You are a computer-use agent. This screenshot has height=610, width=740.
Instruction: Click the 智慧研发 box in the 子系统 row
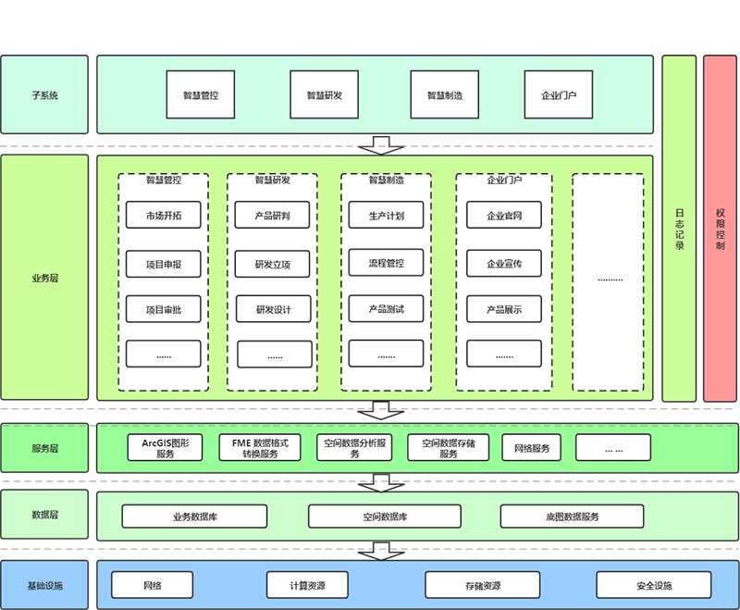click(x=324, y=94)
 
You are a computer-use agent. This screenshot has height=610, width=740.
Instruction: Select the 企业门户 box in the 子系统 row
click(x=559, y=94)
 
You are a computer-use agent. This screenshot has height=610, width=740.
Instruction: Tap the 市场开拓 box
click(x=163, y=217)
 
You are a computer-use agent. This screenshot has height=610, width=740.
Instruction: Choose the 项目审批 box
click(x=163, y=308)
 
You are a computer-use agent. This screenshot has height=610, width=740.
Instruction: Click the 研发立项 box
click(x=273, y=264)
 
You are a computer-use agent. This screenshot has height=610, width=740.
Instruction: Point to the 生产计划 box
click(x=386, y=217)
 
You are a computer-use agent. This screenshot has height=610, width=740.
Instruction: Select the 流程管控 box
click(x=386, y=263)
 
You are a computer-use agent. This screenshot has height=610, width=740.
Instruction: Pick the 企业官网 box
click(x=504, y=217)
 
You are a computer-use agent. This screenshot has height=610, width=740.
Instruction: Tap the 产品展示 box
click(x=504, y=308)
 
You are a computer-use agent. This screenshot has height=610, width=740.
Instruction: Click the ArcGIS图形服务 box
click(x=165, y=448)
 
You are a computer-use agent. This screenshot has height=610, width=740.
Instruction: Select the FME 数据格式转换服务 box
click(x=260, y=448)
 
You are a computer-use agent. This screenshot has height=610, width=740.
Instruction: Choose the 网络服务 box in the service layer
click(x=532, y=448)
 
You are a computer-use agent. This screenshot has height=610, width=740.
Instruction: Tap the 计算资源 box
click(x=308, y=585)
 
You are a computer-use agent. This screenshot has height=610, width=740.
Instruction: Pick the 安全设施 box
click(x=654, y=585)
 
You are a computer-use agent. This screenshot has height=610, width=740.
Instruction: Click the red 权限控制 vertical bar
click(x=720, y=229)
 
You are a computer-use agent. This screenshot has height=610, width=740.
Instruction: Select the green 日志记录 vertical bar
click(x=679, y=229)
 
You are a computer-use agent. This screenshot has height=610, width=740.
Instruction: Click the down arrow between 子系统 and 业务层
click(x=379, y=145)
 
